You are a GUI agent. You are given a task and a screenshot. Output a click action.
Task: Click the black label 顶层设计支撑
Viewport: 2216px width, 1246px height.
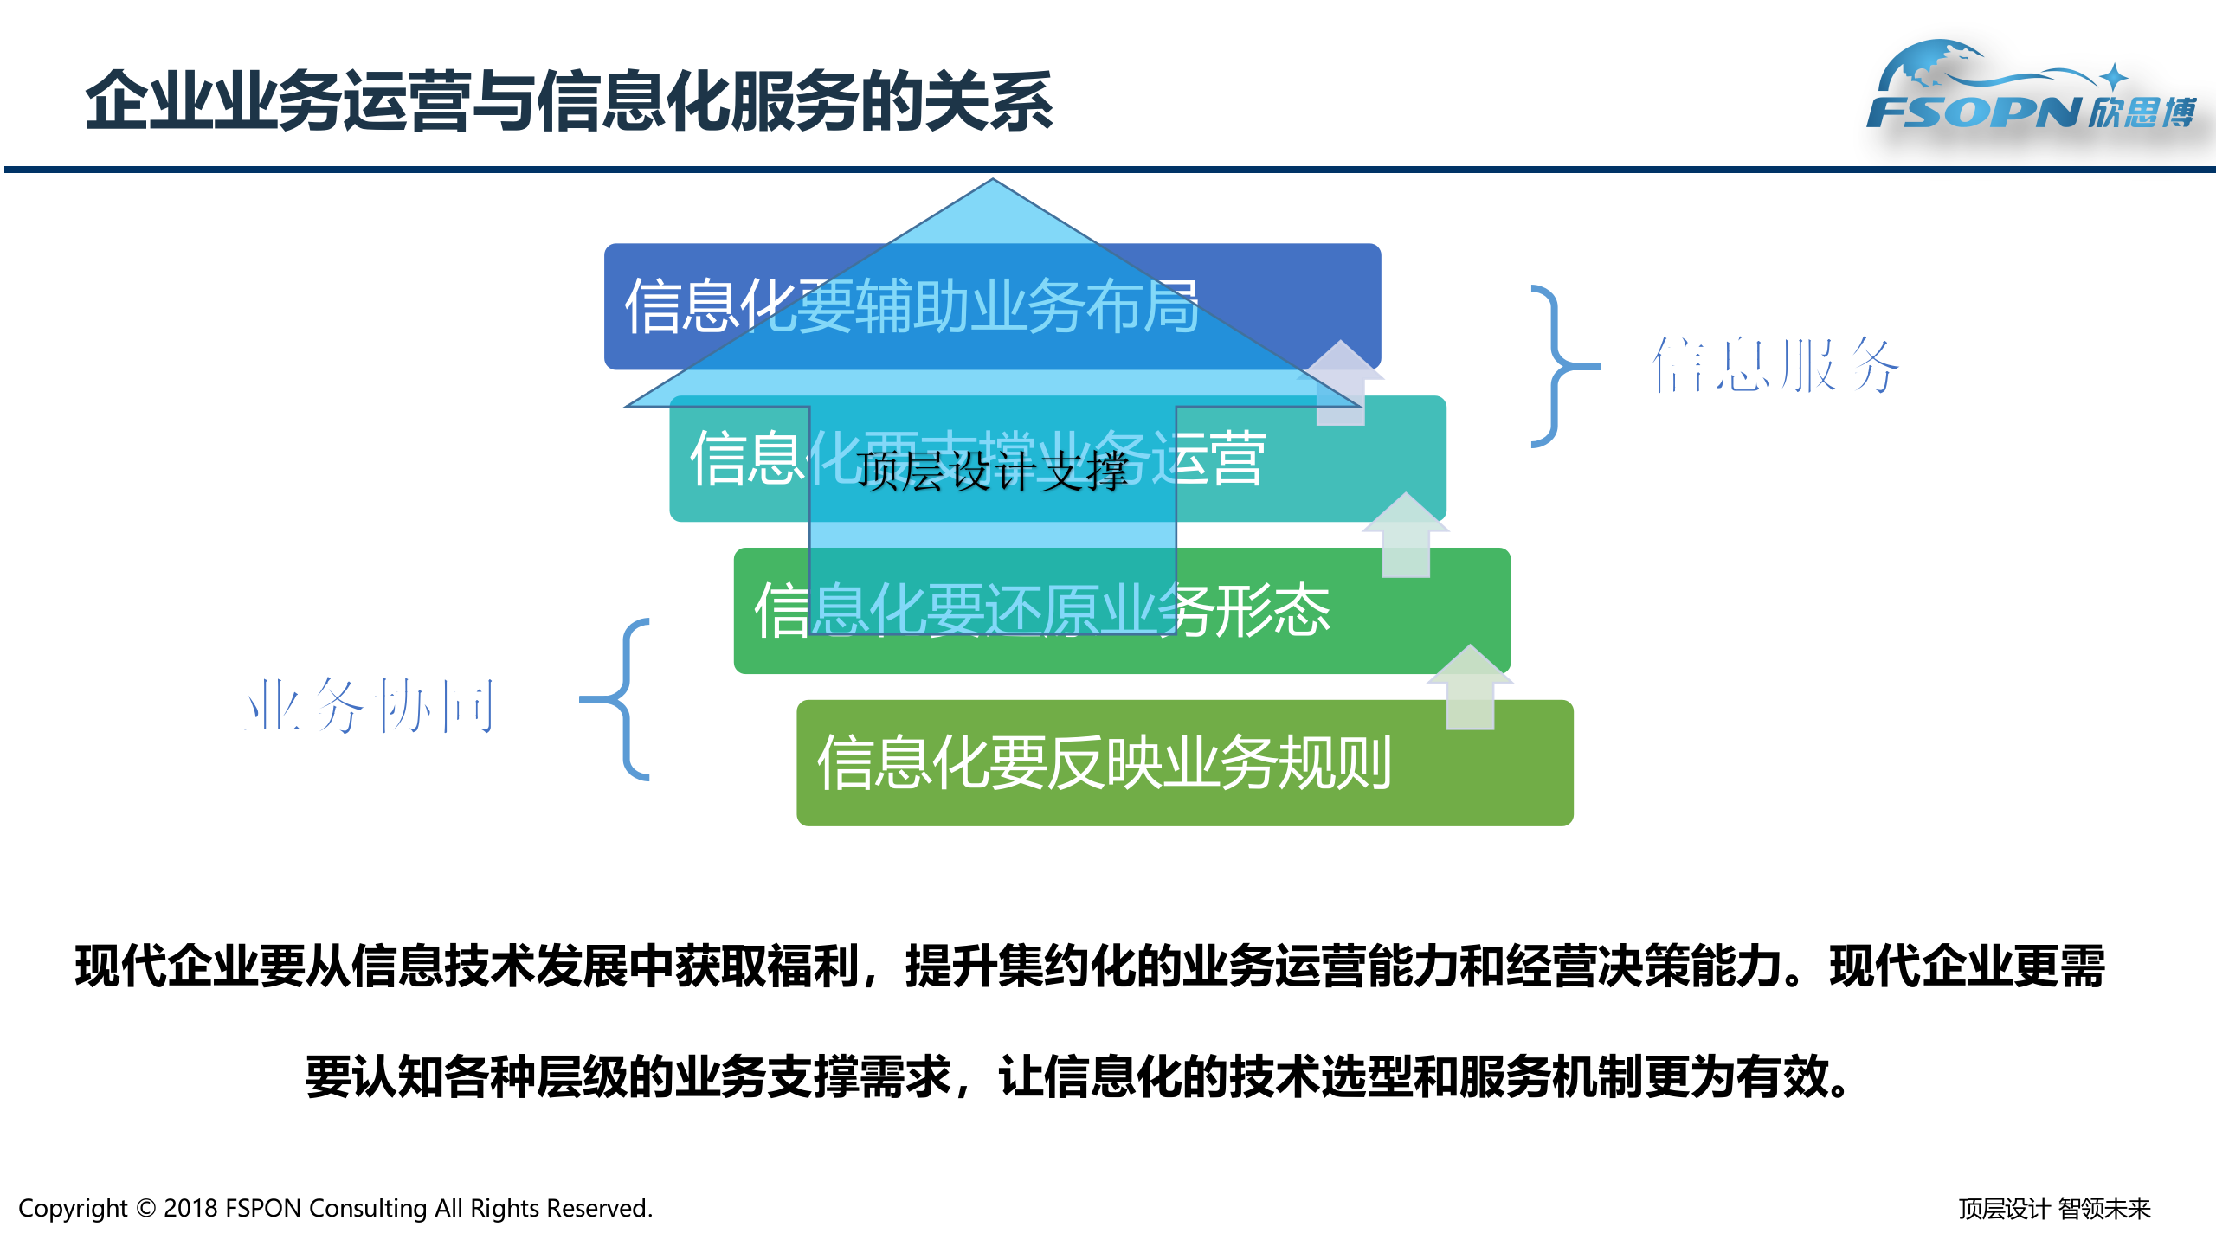click(993, 472)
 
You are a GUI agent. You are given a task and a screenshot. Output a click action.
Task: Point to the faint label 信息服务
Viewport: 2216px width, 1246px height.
click(1775, 366)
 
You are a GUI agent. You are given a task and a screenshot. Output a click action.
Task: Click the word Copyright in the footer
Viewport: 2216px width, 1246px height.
click(73, 1208)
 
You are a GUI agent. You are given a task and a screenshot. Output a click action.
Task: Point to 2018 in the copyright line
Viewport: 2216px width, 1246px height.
click(190, 1208)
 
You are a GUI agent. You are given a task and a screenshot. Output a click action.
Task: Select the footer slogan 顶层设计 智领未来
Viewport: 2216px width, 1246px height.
click(2054, 1209)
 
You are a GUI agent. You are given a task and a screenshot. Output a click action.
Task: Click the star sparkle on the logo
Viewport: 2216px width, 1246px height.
click(2113, 76)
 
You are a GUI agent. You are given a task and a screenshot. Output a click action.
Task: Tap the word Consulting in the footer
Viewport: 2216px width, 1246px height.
click(368, 1208)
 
